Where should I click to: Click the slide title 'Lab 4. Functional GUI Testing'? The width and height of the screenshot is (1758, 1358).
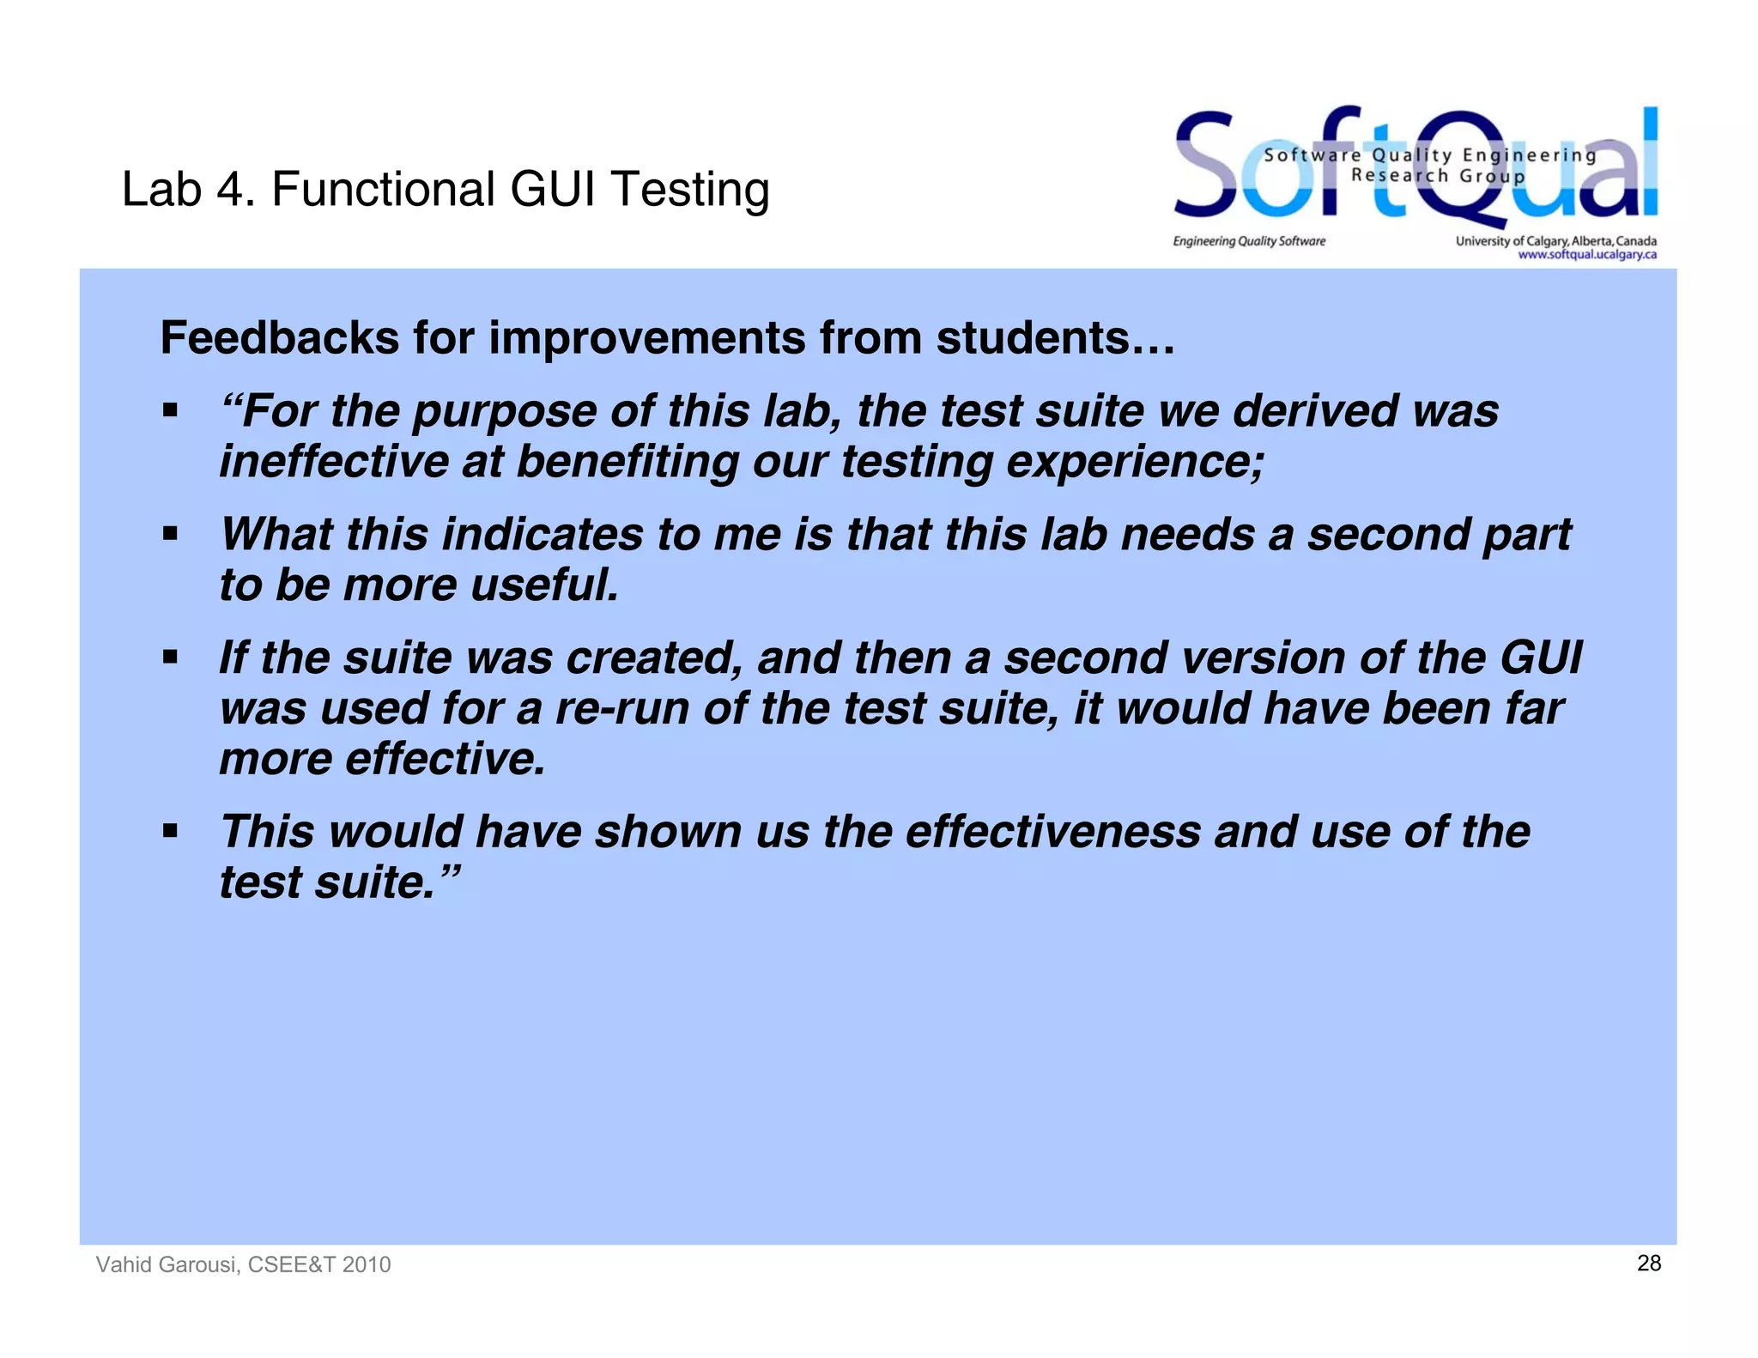[x=445, y=190]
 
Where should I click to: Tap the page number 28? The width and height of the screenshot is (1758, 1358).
[x=1648, y=1263]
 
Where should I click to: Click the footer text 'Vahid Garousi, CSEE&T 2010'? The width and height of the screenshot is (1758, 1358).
[x=243, y=1264]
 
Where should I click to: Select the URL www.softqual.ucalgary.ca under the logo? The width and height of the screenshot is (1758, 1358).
[x=1586, y=254]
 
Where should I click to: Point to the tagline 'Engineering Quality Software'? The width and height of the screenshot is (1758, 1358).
[x=1249, y=241]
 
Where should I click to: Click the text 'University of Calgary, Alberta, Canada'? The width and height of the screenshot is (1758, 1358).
[x=1555, y=240]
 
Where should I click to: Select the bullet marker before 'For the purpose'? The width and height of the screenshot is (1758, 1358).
[x=170, y=411]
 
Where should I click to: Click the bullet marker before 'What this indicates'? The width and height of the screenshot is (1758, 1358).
[x=170, y=535]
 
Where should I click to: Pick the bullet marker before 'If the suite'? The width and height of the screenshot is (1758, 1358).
[x=170, y=658]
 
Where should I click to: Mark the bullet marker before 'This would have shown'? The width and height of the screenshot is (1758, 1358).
[x=170, y=832]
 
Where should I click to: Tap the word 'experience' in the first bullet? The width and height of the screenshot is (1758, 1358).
[x=1133, y=462]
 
